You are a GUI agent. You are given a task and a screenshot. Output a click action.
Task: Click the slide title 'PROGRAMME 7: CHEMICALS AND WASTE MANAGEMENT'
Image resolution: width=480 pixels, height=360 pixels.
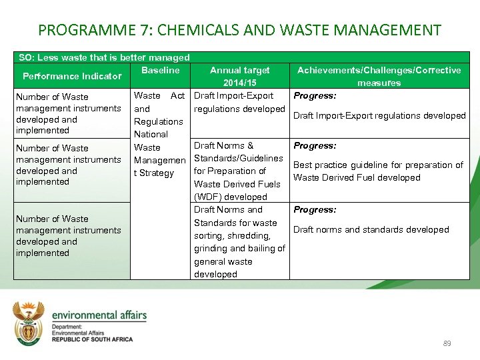(240, 30)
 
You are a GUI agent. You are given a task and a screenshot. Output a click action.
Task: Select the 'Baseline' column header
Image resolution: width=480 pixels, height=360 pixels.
(161, 70)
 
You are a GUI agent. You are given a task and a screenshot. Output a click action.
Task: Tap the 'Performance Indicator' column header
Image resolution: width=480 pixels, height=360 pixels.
(72, 76)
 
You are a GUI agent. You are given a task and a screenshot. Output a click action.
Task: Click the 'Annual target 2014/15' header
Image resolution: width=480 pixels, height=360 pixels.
(240, 76)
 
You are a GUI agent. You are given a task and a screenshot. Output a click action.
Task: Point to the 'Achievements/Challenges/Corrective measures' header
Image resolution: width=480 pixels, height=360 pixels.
(379, 76)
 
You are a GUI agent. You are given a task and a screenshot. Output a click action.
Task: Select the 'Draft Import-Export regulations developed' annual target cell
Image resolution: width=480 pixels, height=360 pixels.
(239, 103)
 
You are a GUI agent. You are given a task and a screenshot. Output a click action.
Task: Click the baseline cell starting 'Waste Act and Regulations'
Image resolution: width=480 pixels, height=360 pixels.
(159, 134)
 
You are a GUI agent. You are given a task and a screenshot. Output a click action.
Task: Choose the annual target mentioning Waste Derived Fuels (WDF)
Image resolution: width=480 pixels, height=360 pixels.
(239, 171)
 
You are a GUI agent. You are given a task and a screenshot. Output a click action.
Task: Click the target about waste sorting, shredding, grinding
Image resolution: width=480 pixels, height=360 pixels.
(239, 242)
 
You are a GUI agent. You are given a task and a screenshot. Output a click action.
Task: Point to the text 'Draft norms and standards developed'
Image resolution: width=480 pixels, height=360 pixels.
(371, 229)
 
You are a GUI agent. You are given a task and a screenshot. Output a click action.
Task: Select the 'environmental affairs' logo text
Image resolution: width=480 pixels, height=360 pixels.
(99, 315)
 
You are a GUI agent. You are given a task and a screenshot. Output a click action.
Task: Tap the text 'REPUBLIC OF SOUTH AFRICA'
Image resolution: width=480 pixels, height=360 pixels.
(92, 339)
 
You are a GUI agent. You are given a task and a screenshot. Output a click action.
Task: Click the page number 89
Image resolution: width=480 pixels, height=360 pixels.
(447, 343)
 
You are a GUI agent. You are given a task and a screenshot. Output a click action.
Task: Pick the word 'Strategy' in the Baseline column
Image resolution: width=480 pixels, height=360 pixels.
(157, 173)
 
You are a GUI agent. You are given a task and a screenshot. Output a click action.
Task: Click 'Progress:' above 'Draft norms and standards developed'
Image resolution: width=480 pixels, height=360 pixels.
(315, 210)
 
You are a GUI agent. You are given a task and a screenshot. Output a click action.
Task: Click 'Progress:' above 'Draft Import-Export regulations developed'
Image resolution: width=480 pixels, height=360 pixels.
(315, 96)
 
